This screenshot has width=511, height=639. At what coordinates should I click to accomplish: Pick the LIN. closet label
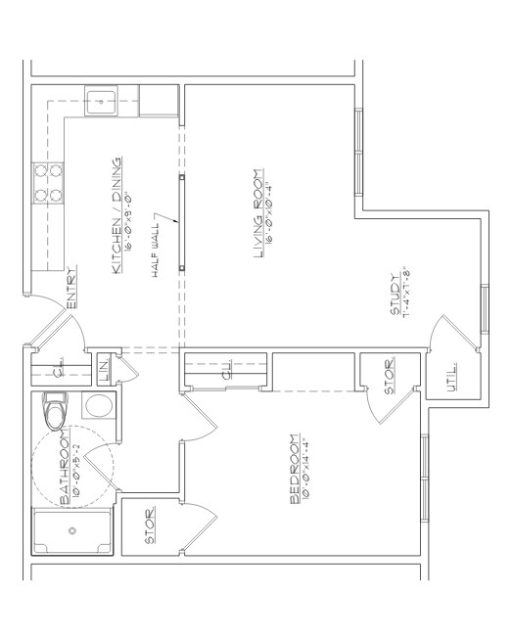(x=105, y=371)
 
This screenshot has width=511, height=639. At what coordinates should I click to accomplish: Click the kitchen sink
(x=103, y=99)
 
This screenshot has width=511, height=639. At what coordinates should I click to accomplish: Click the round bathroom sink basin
(x=99, y=406)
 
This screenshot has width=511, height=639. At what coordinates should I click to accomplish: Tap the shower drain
(x=71, y=531)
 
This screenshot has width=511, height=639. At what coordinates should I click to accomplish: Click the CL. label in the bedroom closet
(x=225, y=372)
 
